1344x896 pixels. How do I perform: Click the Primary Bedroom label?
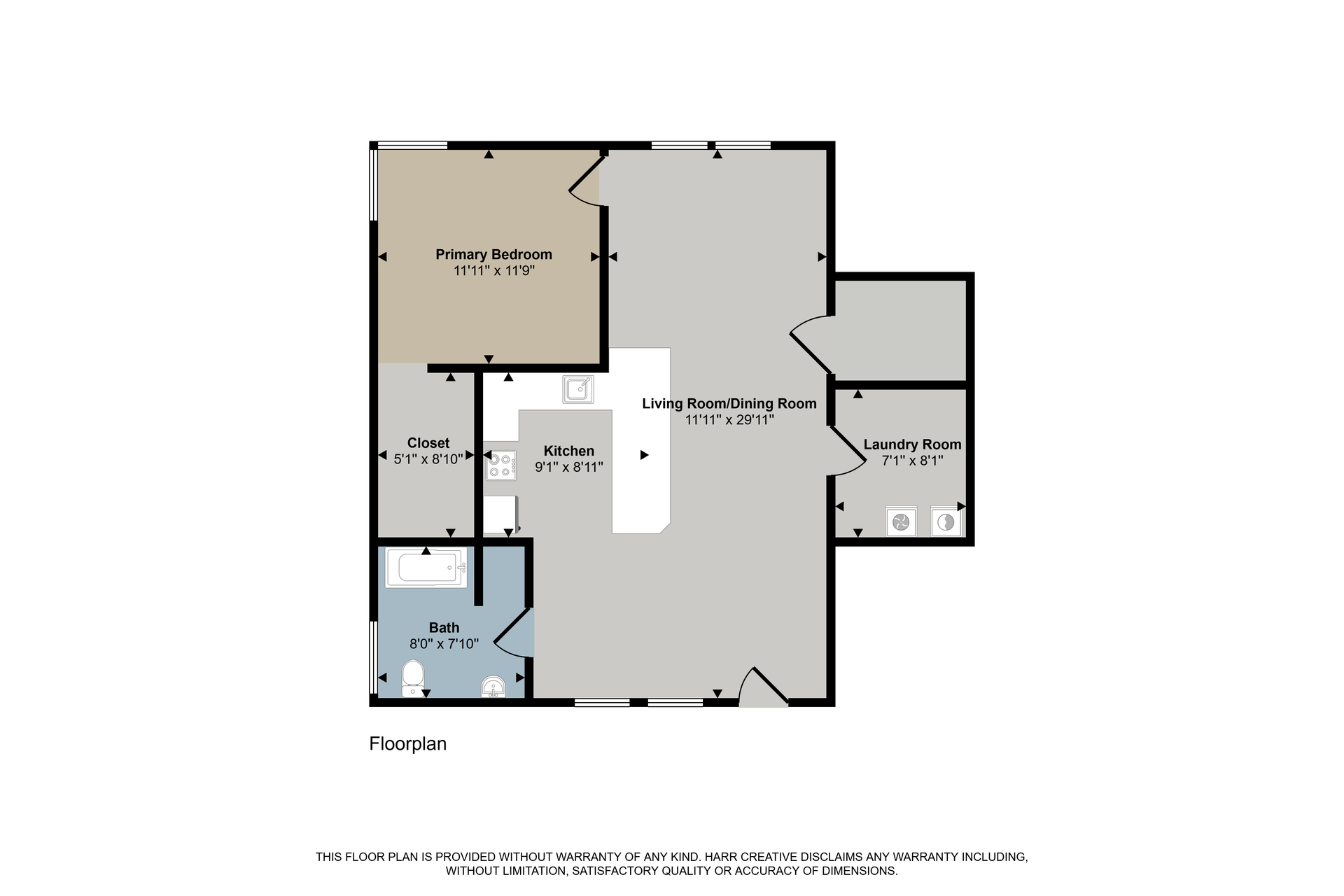(493, 254)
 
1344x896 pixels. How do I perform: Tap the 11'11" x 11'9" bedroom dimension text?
(494, 271)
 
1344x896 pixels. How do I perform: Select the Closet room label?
(428, 443)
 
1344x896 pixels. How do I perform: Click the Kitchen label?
(569, 451)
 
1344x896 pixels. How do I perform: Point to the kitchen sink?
(578, 389)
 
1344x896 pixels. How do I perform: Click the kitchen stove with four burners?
(501, 465)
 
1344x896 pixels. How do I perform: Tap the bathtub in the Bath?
(426, 568)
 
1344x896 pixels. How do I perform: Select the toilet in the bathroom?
(413, 678)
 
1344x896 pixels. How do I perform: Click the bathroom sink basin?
(493, 687)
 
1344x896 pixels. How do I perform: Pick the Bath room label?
(444, 627)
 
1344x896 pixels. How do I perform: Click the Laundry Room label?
(912, 444)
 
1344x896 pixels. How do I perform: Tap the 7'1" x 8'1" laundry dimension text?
(912, 461)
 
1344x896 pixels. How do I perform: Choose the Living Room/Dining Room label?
(729, 403)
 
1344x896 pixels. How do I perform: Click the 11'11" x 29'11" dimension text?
(729, 420)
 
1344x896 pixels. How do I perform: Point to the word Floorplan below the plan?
(408, 743)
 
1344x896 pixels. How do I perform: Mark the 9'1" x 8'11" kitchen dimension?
(569, 467)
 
